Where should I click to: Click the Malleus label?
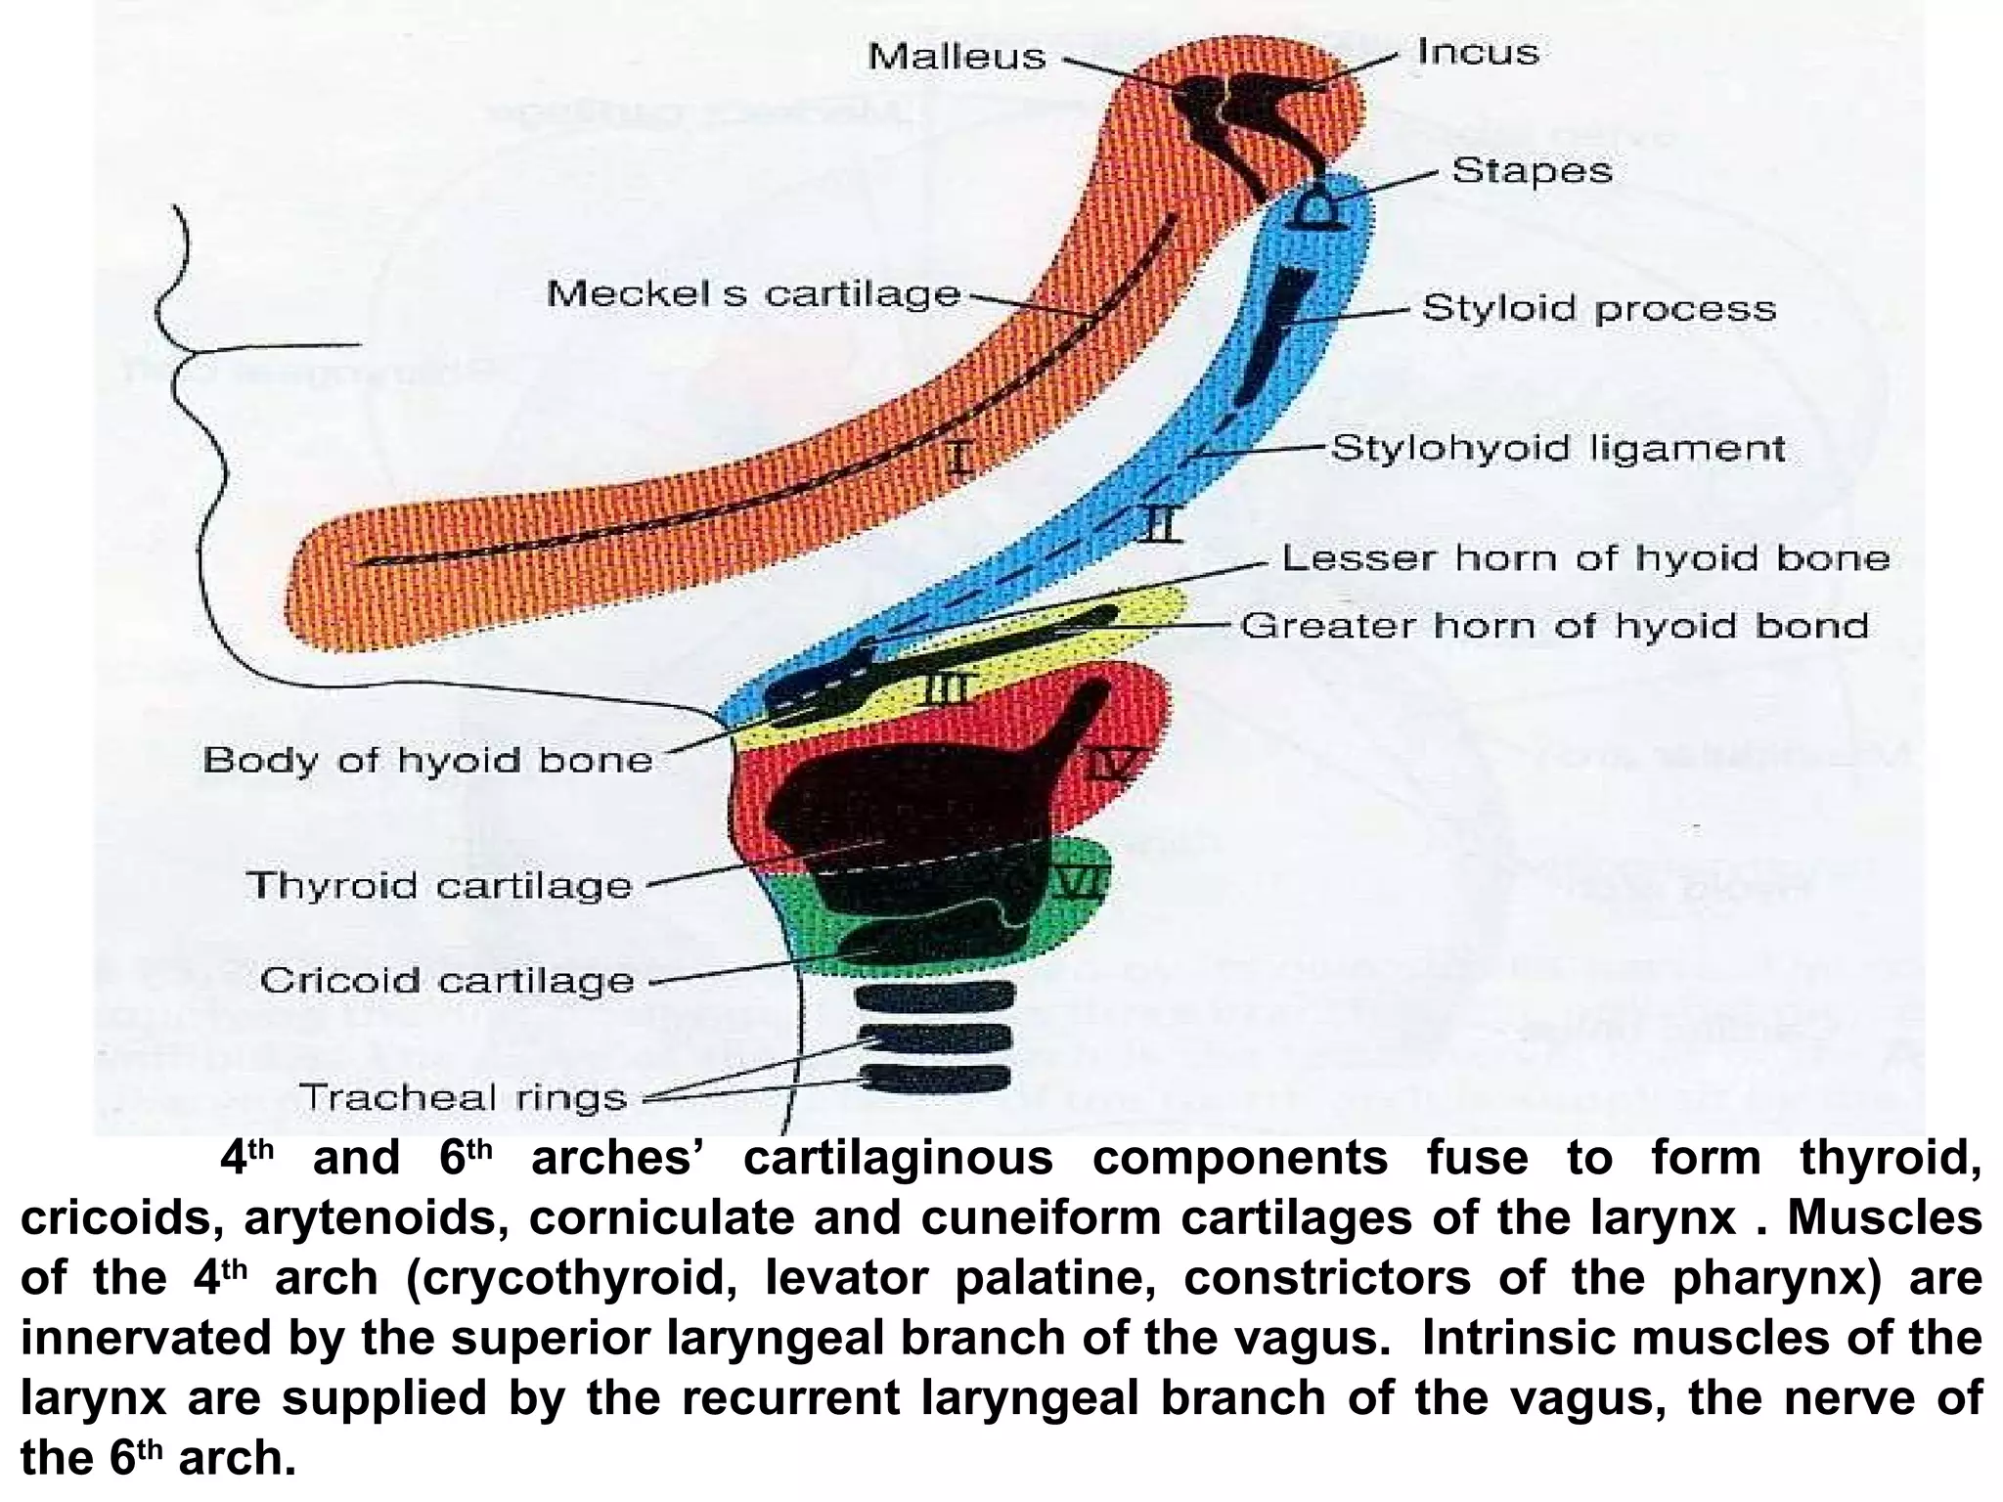tap(957, 57)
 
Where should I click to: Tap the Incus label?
tap(1478, 52)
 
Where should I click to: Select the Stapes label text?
tap(1532, 171)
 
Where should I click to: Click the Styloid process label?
tap(1598, 309)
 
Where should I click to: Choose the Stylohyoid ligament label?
tap(1558, 449)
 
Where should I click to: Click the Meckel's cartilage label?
tap(753, 293)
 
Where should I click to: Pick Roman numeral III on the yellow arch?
tap(945, 690)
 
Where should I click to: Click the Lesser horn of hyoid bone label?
tap(1585, 558)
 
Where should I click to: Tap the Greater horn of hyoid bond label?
tap(1554, 626)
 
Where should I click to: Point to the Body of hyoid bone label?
tap(427, 760)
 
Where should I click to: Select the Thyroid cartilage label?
tap(439, 886)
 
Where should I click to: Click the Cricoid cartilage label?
tap(447, 981)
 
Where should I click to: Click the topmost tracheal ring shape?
tap(933, 997)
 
